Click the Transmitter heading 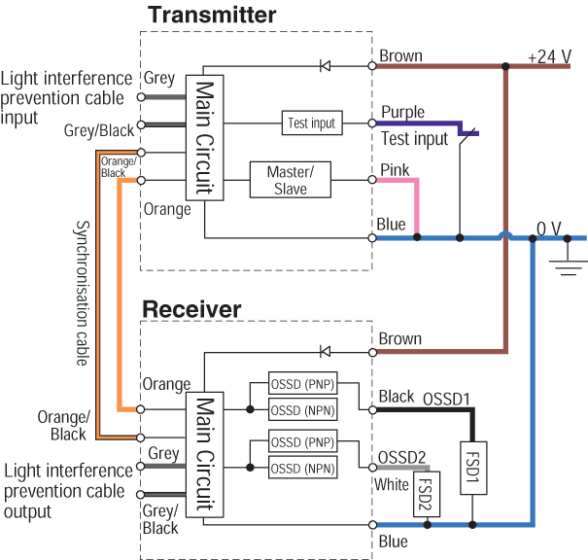(211, 15)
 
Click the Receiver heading (191, 309)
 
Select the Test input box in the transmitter (311, 122)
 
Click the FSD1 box (472, 470)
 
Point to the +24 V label (549, 56)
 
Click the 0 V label (549, 228)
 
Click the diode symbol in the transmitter (327, 66)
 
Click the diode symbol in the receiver (327, 351)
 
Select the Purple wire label (401, 113)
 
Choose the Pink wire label (394, 170)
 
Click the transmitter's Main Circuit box (204, 136)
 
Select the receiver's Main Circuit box (204, 453)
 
